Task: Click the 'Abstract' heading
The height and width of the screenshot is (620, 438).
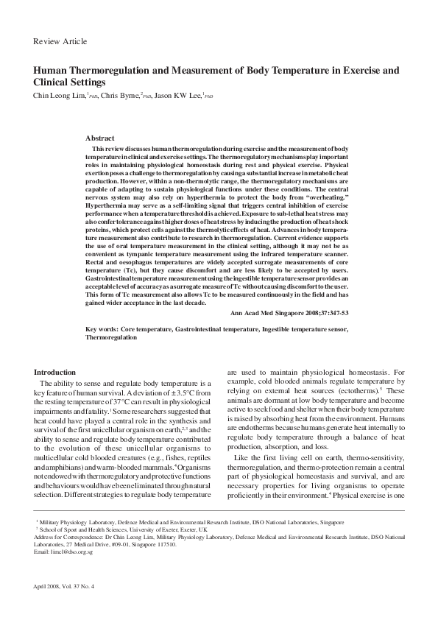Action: (x=100, y=138)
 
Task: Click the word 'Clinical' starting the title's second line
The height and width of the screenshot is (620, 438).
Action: (x=54, y=83)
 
